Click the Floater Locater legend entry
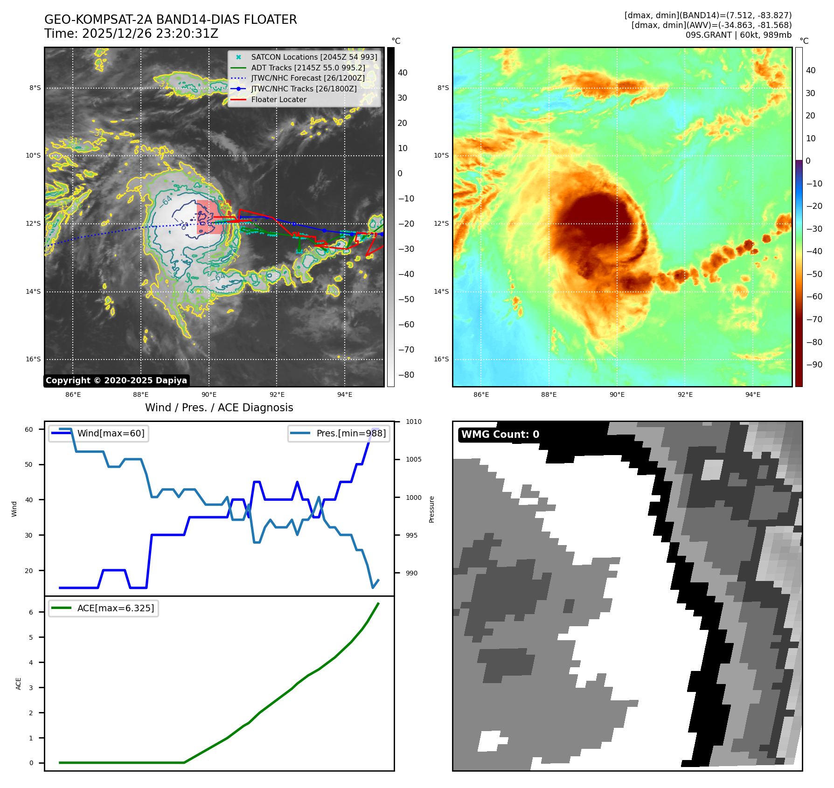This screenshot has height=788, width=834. [x=278, y=100]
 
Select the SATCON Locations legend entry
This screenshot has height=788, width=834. [x=314, y=57]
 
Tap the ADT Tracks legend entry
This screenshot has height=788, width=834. [x=308, y=68]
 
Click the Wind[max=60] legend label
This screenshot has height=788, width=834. [x=111, y=433]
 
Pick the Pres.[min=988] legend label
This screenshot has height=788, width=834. [x=351, y=433]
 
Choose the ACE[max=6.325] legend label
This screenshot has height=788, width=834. [x=115, y=608]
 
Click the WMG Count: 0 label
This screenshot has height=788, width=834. [x=500, y=435]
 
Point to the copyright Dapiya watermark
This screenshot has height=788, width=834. [x=116, y=380]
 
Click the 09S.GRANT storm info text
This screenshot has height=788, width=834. [x=738, y=35]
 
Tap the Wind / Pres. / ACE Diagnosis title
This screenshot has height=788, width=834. [x=219, y=408]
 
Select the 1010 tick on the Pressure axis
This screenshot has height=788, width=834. [x=413, y=422]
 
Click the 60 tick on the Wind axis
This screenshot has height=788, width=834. [x=29, y=429]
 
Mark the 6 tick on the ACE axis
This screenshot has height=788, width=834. [x=31, y=612]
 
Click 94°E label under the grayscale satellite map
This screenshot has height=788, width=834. [x=345, y=395]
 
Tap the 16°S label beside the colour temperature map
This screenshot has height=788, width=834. [x=441, y=359]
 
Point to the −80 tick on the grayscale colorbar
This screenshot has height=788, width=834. [x=406, y=375]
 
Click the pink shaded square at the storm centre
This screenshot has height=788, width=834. [x=209, y=217]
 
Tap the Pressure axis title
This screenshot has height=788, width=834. [x=432, y=509]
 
